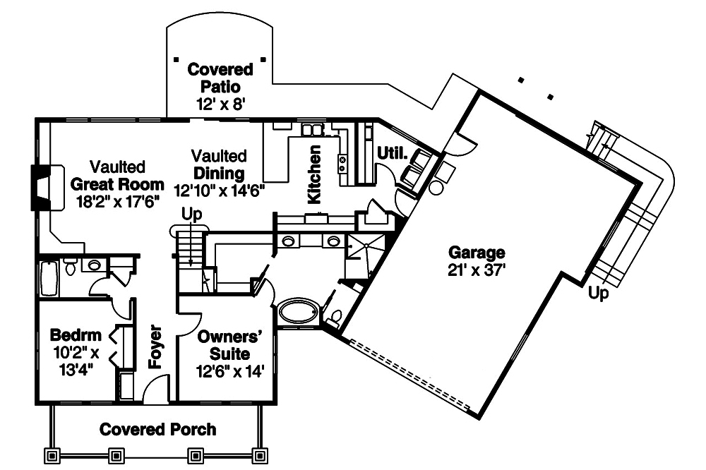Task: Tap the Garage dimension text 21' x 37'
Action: [x=477, y=270]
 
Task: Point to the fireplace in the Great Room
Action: [x=39, y=188]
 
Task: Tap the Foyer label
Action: [x=156, y=347]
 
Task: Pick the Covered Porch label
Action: [x=157, y=429]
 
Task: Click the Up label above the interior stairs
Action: [x=191, y=213]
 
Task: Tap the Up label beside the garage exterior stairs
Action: [x=598, y=295]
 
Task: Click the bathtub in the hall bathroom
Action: [x=48, y=279]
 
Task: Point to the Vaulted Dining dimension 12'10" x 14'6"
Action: [x=219, y=189]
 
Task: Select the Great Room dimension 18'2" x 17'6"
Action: [x=118, y=200]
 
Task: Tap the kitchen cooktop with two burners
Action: [x=342, y=164]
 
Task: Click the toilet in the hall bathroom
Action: [x=71, y=267]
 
